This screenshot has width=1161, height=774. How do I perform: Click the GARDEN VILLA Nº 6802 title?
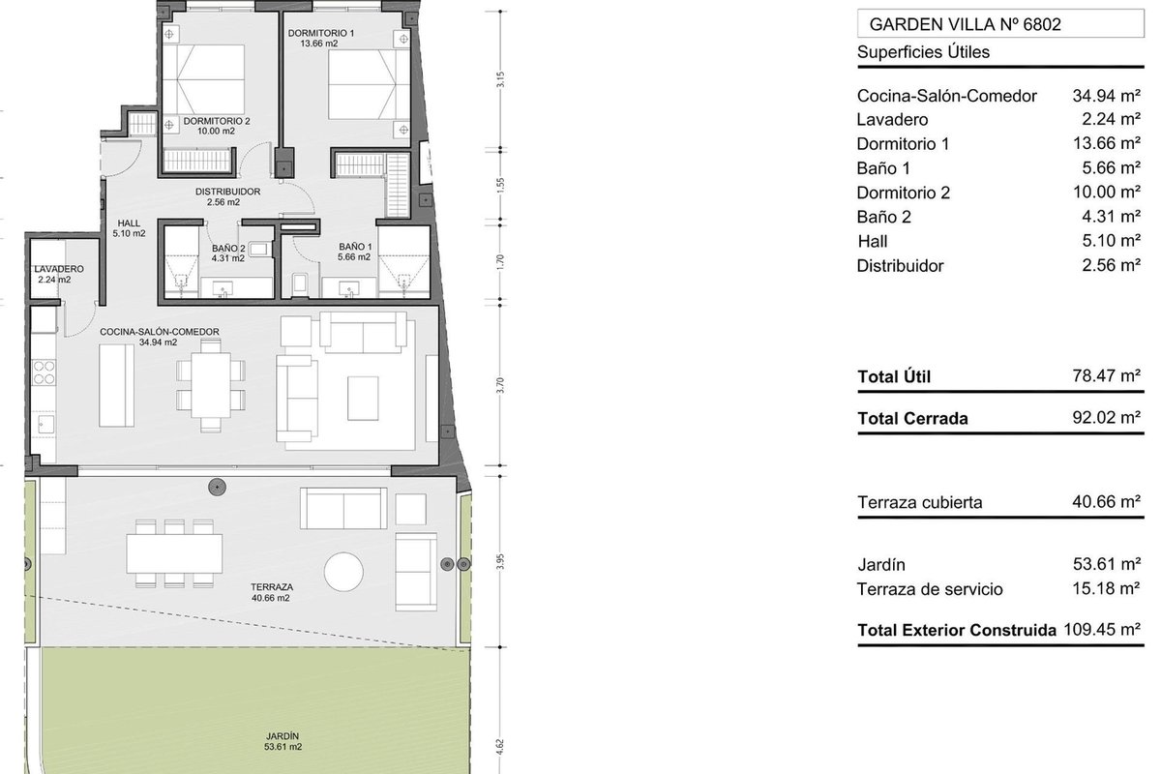[x=966, y=24]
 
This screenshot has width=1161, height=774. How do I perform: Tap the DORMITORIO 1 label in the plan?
[x=321, y=33]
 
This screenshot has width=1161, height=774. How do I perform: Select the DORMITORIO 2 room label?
[x=217, y=121]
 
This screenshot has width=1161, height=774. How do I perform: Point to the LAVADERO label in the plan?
[x=59, y=269]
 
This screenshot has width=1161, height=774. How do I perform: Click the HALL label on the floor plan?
[x=129, y=223]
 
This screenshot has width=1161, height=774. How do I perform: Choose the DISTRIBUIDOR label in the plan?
[x=227, y=192]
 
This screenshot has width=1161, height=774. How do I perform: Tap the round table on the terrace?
[x=343, y=572]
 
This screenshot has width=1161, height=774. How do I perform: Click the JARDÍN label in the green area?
[x=283, y=736]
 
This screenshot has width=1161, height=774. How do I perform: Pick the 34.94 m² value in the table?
[x=1107, y=96]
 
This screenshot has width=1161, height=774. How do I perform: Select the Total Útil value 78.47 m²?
[x=1107, y=375]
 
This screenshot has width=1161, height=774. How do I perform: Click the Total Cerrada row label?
[x=912, y=418]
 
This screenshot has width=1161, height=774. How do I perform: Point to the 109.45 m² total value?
[x=1102, y=630]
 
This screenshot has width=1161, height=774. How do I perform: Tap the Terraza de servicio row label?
[x=930, y=589]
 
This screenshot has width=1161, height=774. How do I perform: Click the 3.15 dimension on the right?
[x=500, y=79]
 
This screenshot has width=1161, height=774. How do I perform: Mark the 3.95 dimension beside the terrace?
[x=500, y=562]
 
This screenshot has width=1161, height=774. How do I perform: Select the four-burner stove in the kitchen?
[x=45, y=372]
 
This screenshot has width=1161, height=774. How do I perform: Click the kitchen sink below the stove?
[x=45, y=424]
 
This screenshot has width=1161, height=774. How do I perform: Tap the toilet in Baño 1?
[x=301, y=284]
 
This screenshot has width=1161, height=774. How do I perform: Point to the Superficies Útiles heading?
[x=923, y=52]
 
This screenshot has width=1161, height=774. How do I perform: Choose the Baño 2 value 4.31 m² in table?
[x=1111, y=216]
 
